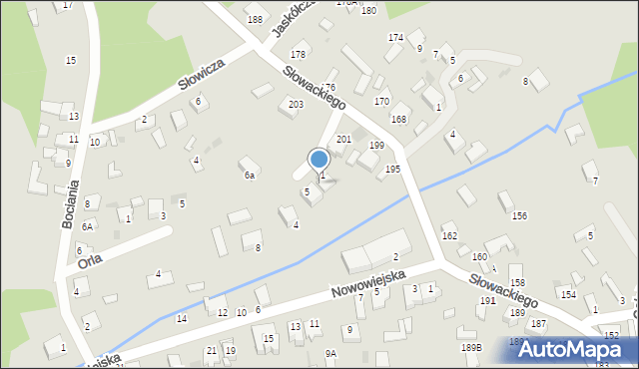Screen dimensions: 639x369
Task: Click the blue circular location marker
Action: click(319, 159)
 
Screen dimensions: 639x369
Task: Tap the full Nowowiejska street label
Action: click(368, 283)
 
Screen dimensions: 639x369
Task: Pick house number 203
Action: click(296, 105)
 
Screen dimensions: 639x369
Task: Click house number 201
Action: click(342, 139)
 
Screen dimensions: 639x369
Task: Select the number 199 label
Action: click(376, 146)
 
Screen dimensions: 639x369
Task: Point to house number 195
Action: click(392, 170)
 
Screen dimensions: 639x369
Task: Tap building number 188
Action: click(256, 20)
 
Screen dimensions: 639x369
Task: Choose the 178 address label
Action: click(298, 54)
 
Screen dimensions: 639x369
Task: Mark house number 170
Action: click(381, 102)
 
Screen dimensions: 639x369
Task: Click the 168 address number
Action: click(398, 120)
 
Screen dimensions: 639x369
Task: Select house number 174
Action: click(395, 38)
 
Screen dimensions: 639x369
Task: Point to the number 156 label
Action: click(519, 215)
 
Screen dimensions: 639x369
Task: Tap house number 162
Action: click(449, 236)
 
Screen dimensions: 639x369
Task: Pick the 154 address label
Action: click(567, 295)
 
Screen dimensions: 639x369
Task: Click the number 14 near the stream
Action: click(181, 319)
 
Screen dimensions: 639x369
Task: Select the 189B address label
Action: click(471, 347)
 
